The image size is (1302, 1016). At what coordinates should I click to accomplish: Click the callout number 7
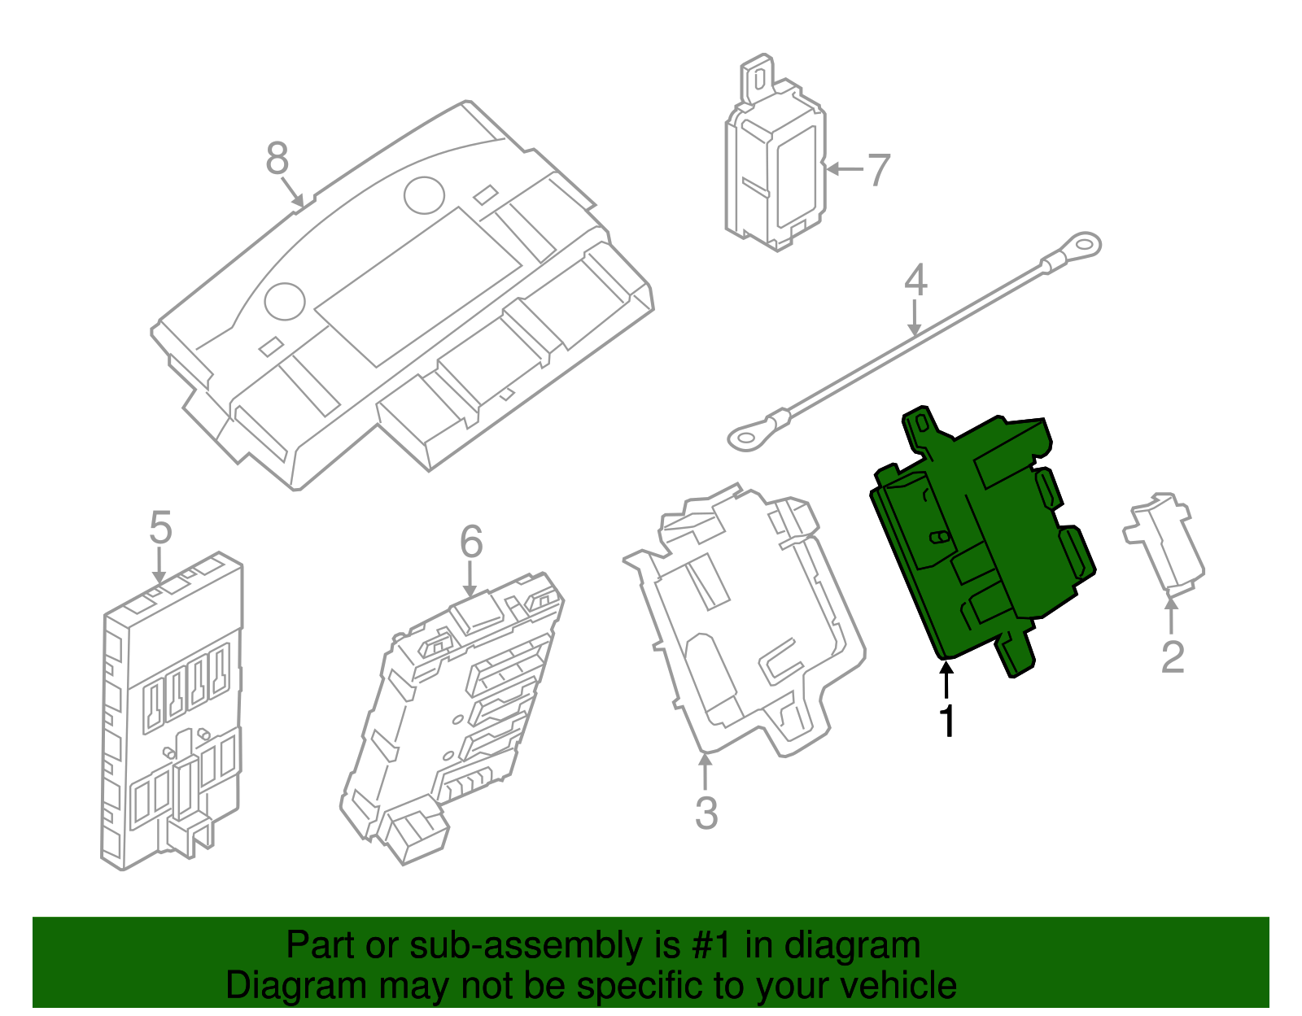pyautogui.click(x=878, y=170)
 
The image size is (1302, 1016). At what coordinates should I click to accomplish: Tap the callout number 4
pyautogui.click(x=915, y=280)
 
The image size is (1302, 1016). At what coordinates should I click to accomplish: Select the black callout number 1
pyautogui.click(x=946, y=720)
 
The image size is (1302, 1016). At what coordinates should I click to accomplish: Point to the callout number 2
pyautogui.click(x=1172, y=657)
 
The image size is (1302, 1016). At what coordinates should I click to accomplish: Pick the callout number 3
pyautogui.click(x=706, y=813)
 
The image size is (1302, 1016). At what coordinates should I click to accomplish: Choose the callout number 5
pyautogui.click(x=160, y=529)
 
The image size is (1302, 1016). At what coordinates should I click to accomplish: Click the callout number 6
pyautogui.click(x=471, y=543)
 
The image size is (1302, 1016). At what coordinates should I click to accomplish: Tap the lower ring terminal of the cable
pyautogui.click(x=744, y=438)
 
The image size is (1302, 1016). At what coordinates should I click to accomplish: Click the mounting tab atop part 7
pyautogui.click(x=757, y=77)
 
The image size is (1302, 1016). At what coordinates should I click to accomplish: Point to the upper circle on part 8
pyautogui.click(x=424, y=195)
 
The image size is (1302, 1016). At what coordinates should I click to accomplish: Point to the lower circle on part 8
pyautogui.click(x=285, y=301)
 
